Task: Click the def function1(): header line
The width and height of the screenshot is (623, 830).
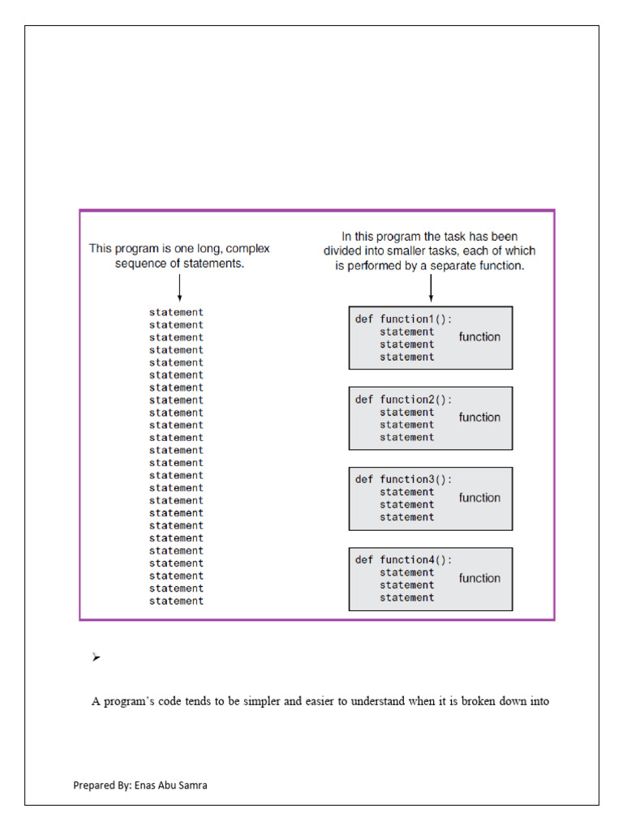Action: pyautogui.click(x=403, y=319)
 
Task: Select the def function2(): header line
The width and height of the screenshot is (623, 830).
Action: pyautogui.click(x=403, y=400)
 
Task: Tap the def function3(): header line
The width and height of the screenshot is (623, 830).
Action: pyautogui.click(x=403, y=480)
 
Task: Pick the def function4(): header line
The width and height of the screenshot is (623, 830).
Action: pyautogui.click(x=403, y=560)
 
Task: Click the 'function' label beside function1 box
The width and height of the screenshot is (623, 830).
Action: pyautogui.click(x=479, y=336)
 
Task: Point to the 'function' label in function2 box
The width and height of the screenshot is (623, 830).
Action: pyautogui.click(x=479, y=417)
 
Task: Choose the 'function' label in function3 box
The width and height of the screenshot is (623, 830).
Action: pyautogui.click(x=479, y=498)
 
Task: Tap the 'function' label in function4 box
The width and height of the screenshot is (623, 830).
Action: pyautogui.click(x=479, y=578)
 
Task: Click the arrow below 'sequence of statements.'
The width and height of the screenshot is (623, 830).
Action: pyautogui.click(x=178, y=288)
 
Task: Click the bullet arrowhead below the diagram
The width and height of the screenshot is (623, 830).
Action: pyautogui.click(x=96, y=657)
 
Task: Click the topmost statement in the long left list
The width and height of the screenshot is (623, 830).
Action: pyautogui.click(x=176, y=312)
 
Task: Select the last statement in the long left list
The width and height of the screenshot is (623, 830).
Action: pyautogui.click(x=176, y=601)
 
